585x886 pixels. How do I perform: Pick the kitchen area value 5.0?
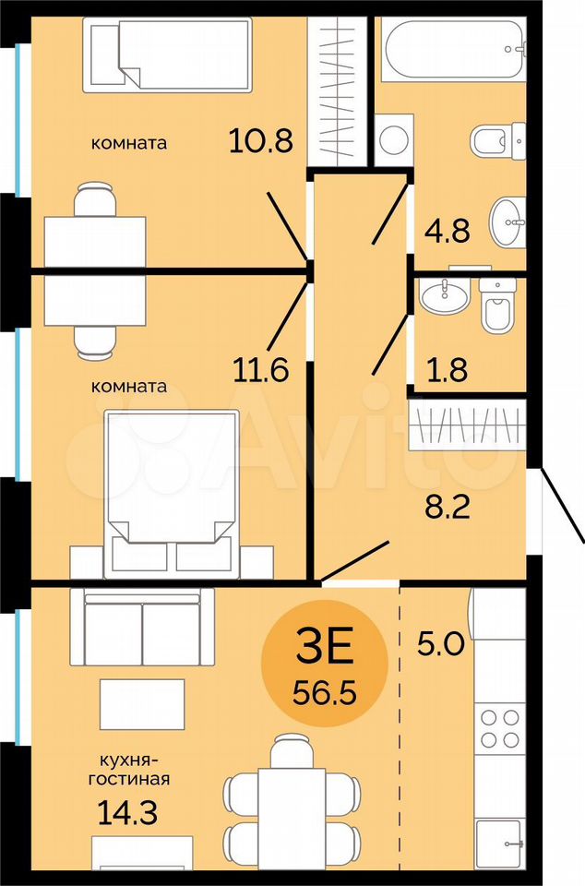point(440,643)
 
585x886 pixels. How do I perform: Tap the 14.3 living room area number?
point(127,812)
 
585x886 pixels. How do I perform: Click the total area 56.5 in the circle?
point(325,691)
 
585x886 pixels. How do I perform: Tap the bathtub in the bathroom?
point(454,49)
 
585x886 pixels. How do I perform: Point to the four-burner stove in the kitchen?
point(500,728)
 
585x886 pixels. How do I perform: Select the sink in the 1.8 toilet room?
point(445,295)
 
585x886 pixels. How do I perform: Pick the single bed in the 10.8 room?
point(167,54)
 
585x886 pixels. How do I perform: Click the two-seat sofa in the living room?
point(142,627)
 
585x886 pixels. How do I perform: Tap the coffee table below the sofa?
point(142,704)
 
